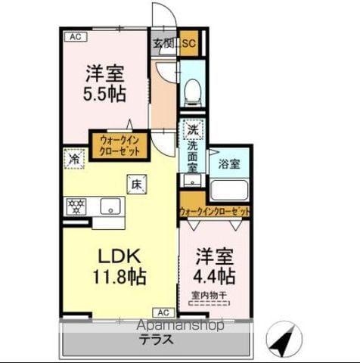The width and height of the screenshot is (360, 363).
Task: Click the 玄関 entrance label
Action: click(163, 44)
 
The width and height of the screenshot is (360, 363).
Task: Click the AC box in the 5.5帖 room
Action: click(74, 36)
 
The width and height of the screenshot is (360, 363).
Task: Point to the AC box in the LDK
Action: click(163, 311)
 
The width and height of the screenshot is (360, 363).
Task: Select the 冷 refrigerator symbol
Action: click(74, 160)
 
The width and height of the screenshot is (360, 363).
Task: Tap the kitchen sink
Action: click(111, 205)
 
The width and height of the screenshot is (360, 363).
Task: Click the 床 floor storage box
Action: click(136, 182)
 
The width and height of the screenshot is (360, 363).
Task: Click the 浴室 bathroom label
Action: click(229, 163)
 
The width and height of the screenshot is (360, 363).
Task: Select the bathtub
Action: click(229, 190)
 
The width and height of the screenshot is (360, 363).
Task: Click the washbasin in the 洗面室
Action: click(194, 179)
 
